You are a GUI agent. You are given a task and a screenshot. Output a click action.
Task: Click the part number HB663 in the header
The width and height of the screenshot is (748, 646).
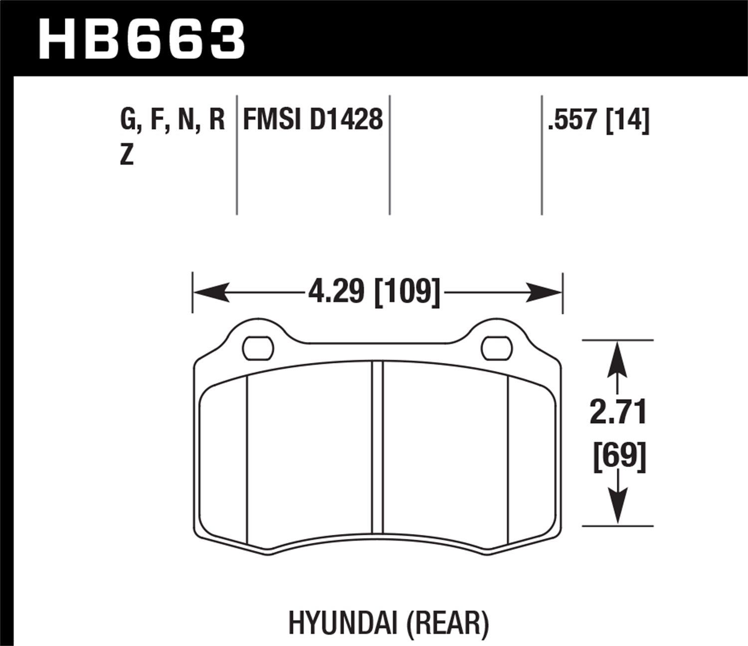click(142, 39)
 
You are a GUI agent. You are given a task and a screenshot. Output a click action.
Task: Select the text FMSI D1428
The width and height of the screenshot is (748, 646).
click(313, 120)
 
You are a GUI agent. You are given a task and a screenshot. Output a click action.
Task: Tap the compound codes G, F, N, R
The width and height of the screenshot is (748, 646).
click(173, 120)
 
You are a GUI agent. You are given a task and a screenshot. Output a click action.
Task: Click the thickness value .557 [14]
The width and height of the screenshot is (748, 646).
click(598, 120)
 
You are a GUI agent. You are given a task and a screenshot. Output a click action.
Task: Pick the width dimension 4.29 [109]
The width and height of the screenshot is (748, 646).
click(374, 292)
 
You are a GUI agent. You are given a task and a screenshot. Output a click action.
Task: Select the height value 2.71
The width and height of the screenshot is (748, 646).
click(618, 412)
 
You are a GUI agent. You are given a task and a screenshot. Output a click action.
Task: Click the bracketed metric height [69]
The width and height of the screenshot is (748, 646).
click(619, 455)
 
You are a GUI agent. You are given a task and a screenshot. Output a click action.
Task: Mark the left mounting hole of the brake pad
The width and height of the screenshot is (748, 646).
click(258, 349)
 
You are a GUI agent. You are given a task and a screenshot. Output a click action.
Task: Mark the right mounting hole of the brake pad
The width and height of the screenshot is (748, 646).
click(497, 349)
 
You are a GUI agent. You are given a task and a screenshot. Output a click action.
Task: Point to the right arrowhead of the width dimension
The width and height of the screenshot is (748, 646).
click(544, 292)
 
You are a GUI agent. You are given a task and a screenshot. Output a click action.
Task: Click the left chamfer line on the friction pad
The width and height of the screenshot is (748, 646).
click(247, 459)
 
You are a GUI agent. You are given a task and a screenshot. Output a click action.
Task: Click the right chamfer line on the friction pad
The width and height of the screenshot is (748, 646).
click(507, 459)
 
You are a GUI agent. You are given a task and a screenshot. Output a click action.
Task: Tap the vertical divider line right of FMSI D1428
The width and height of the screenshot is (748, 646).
click(389, 155)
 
